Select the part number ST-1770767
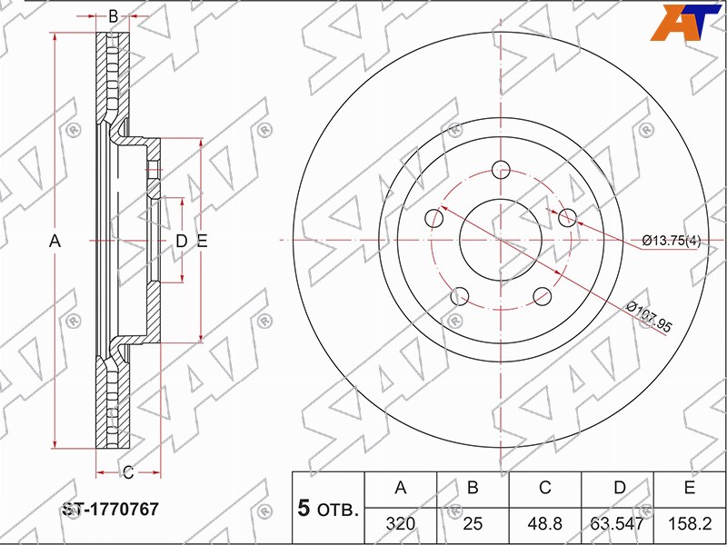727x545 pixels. [x=110, y=510]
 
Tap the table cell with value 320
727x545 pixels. [x=401, y=524]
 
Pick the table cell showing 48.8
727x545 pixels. [x=544, y=524]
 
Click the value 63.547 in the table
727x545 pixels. [x=617, y=524]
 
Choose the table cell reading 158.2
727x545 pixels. [x=690, y=524]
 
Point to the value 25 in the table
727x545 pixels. [x=473, y=524]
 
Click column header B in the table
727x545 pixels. [x=473, y=488]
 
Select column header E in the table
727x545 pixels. [x=690, y=488]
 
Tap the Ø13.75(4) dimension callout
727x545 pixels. [x=672, y=241]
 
